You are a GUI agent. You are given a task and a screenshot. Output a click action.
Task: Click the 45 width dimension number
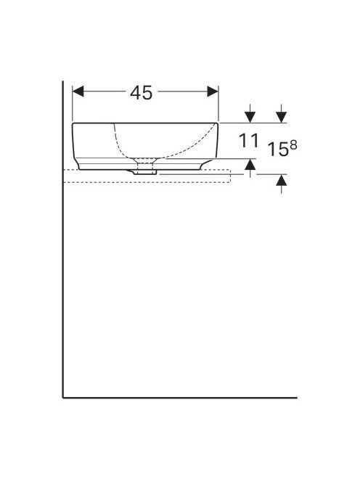[x=141, y=92]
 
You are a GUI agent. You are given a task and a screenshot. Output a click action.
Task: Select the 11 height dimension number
[x=249, y=141]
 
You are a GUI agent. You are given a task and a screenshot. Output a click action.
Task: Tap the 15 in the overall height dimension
[x=278, y=150]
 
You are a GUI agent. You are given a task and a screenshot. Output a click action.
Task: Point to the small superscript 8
[x=293, y=144]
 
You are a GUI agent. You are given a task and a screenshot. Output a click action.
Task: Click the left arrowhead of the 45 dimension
[x=78, y=91]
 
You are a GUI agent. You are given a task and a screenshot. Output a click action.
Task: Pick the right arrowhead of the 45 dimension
[x=213, y=91]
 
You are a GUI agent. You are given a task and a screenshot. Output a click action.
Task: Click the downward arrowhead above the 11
[x=250, y=117]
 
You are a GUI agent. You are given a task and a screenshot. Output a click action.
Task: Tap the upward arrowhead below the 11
[x=250, y=165]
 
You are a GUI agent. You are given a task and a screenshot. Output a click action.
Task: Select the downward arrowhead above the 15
[x=282, y=117]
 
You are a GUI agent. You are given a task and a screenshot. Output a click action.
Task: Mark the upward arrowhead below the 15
[x=282, y=180]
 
